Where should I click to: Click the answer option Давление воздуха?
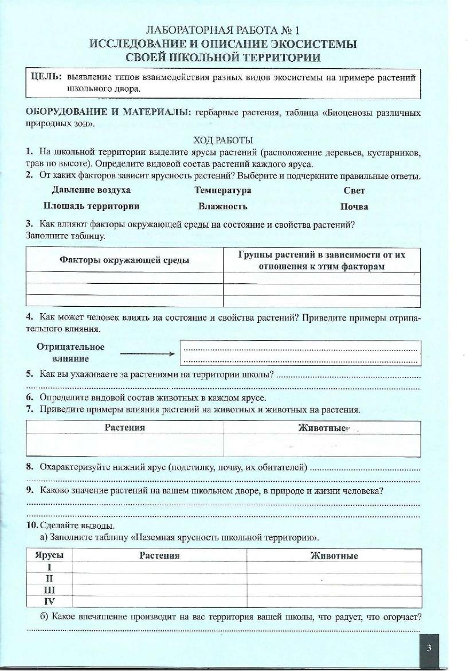coord(91,190)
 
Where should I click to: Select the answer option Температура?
coord(223,190)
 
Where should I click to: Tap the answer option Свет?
coord(354,190)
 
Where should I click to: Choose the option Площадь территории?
coord(91,206)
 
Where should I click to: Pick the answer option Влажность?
coord(223,206)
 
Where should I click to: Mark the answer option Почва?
coord(354,206)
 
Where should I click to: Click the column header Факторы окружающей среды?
coord(124,260)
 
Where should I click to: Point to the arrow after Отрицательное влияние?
coord(147,353)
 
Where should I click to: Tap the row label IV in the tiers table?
coord(49,602)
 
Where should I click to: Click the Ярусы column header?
coord(49,555)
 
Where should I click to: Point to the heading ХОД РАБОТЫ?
coord(224,140)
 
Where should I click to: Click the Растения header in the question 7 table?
coord(124,427)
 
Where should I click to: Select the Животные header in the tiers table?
coord(334,555)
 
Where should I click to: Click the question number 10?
coord(32,525)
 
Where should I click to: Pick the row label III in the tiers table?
coord(49,590)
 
